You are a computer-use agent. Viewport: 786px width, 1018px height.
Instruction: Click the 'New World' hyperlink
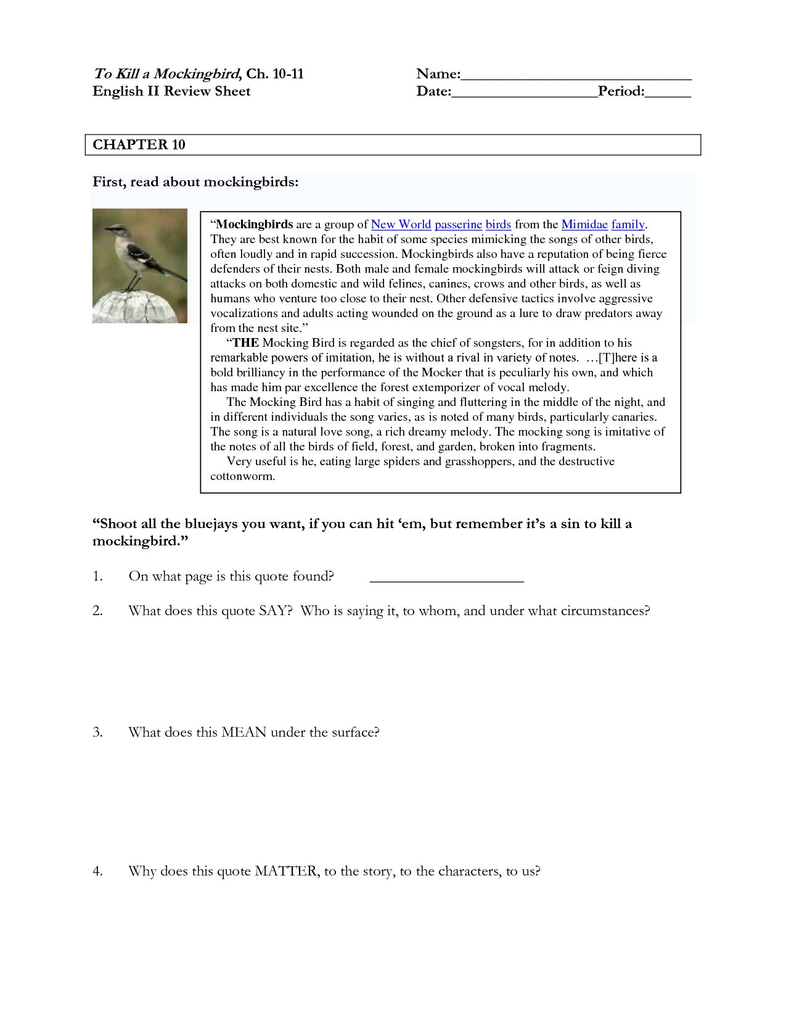(401, 225)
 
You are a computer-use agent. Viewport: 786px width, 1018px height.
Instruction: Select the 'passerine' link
(458, 225)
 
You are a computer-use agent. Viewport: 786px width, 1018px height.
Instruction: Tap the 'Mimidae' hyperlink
(584, 225)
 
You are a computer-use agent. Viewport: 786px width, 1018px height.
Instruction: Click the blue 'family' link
(628, 225)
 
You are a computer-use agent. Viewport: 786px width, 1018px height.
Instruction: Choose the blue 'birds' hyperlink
(498, 225)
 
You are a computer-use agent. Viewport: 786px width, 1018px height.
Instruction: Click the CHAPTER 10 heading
(139, 145)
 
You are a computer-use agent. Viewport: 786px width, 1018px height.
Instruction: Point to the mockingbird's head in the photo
(114, 229)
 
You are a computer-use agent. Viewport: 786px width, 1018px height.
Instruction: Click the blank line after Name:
(576, 75)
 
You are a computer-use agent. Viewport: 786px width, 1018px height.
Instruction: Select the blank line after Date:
(524, 93)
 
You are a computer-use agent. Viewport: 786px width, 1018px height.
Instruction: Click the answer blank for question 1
(446, 577)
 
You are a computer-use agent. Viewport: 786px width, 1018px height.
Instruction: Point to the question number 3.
(97, 732)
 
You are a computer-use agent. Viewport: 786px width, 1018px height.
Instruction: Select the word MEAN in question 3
(244, 732)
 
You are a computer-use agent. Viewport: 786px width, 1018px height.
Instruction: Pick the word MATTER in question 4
(286, 871)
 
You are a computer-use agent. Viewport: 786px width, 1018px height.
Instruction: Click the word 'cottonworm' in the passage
(241, 476)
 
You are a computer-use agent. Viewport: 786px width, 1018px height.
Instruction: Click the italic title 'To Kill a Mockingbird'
(166, 74)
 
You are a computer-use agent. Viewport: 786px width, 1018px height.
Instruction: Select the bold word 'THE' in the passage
(245, 343)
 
